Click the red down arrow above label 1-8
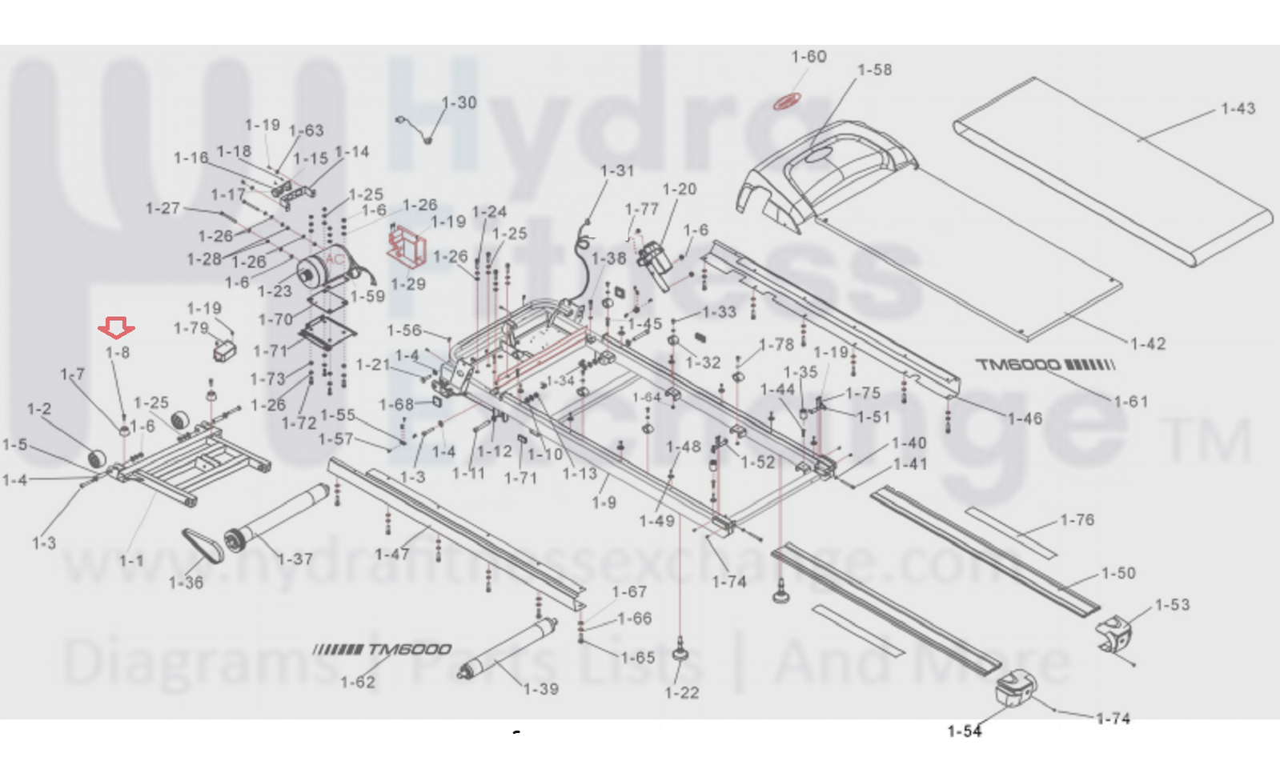coord(116,327)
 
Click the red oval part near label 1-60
coord(786,102)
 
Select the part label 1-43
coord(1238,109)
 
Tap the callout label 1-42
coord(1147,344)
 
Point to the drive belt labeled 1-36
coord(203,546)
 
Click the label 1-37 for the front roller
coord(295,559)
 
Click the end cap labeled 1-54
coord(1016,689)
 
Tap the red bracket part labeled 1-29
coord(407,246)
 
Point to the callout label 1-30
coord(459,103)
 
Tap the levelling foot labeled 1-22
coord(681,649)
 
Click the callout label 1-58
coord(874,70)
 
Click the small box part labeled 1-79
coord(225,350)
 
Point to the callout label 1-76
coord(1077,520)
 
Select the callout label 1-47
coord(392,554)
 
